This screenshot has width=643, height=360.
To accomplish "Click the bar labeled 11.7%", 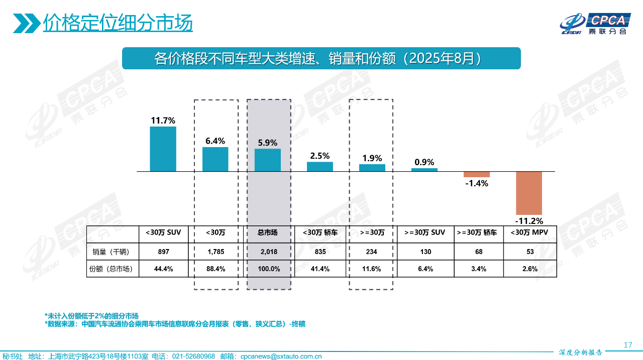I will pos(163,149).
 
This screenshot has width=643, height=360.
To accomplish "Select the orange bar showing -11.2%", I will pos(529,193).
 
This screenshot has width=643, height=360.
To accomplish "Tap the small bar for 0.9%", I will pos(424,170).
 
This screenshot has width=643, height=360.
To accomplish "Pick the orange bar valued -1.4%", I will pos(477,174).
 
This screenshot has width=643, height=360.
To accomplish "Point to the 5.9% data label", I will pos(268,143).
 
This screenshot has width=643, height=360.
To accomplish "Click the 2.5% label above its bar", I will pos(320,156).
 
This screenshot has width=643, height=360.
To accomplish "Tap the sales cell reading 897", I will pos(163,252).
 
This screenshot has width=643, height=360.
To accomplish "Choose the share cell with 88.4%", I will pos(216,269).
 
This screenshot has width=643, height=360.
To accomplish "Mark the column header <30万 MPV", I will pos(529,232).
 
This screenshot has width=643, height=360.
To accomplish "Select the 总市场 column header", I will pos(268,232).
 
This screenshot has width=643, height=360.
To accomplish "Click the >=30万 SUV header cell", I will pos(424,232).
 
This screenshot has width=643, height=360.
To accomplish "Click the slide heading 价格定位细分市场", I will pos(118,23).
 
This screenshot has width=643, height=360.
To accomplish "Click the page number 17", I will pos(627,345).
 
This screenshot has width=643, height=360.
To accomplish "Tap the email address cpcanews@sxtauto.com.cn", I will pos(281,356).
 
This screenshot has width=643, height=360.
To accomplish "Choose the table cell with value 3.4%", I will pos(478,269).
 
